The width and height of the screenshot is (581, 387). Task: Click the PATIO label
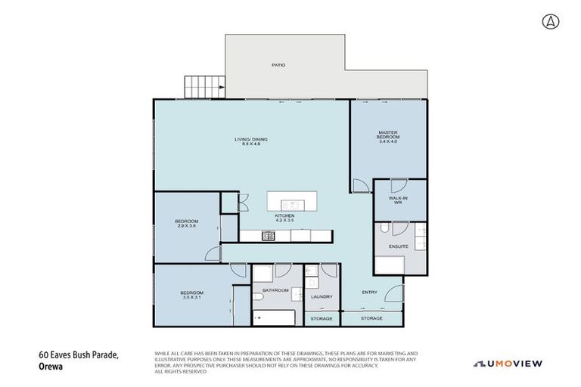pos(279,66)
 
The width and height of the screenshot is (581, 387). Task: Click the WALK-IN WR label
pos(399,200)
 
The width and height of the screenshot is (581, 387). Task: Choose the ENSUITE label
pos(399,246)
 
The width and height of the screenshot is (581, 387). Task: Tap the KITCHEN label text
pos(284,217)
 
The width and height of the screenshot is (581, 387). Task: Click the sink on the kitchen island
pos(289,204)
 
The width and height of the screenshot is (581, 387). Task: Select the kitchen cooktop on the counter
pos(269,236)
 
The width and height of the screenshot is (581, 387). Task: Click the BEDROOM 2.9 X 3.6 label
pos(186,224)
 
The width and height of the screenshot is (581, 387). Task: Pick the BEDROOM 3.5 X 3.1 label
pos(191,296)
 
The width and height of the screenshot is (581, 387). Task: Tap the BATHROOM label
pos(275,289)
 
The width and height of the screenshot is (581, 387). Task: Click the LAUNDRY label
pos(322,297)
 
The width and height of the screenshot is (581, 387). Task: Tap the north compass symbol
pos(546,20)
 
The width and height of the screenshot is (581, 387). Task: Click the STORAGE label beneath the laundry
pos(322,319)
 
